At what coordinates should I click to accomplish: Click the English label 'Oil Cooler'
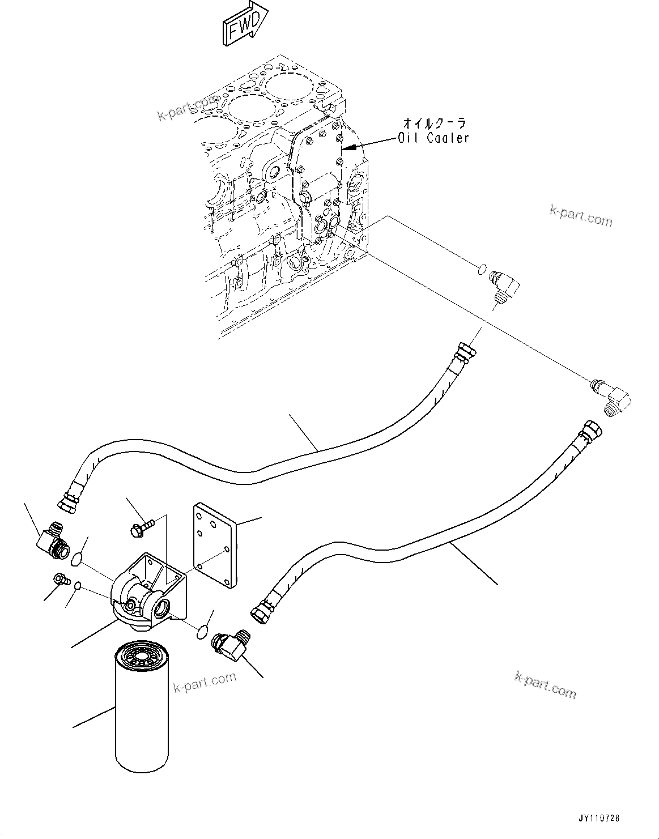(433, 137)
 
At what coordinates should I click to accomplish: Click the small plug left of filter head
(59, 579)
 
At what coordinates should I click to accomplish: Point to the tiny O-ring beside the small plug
(78, 586)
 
